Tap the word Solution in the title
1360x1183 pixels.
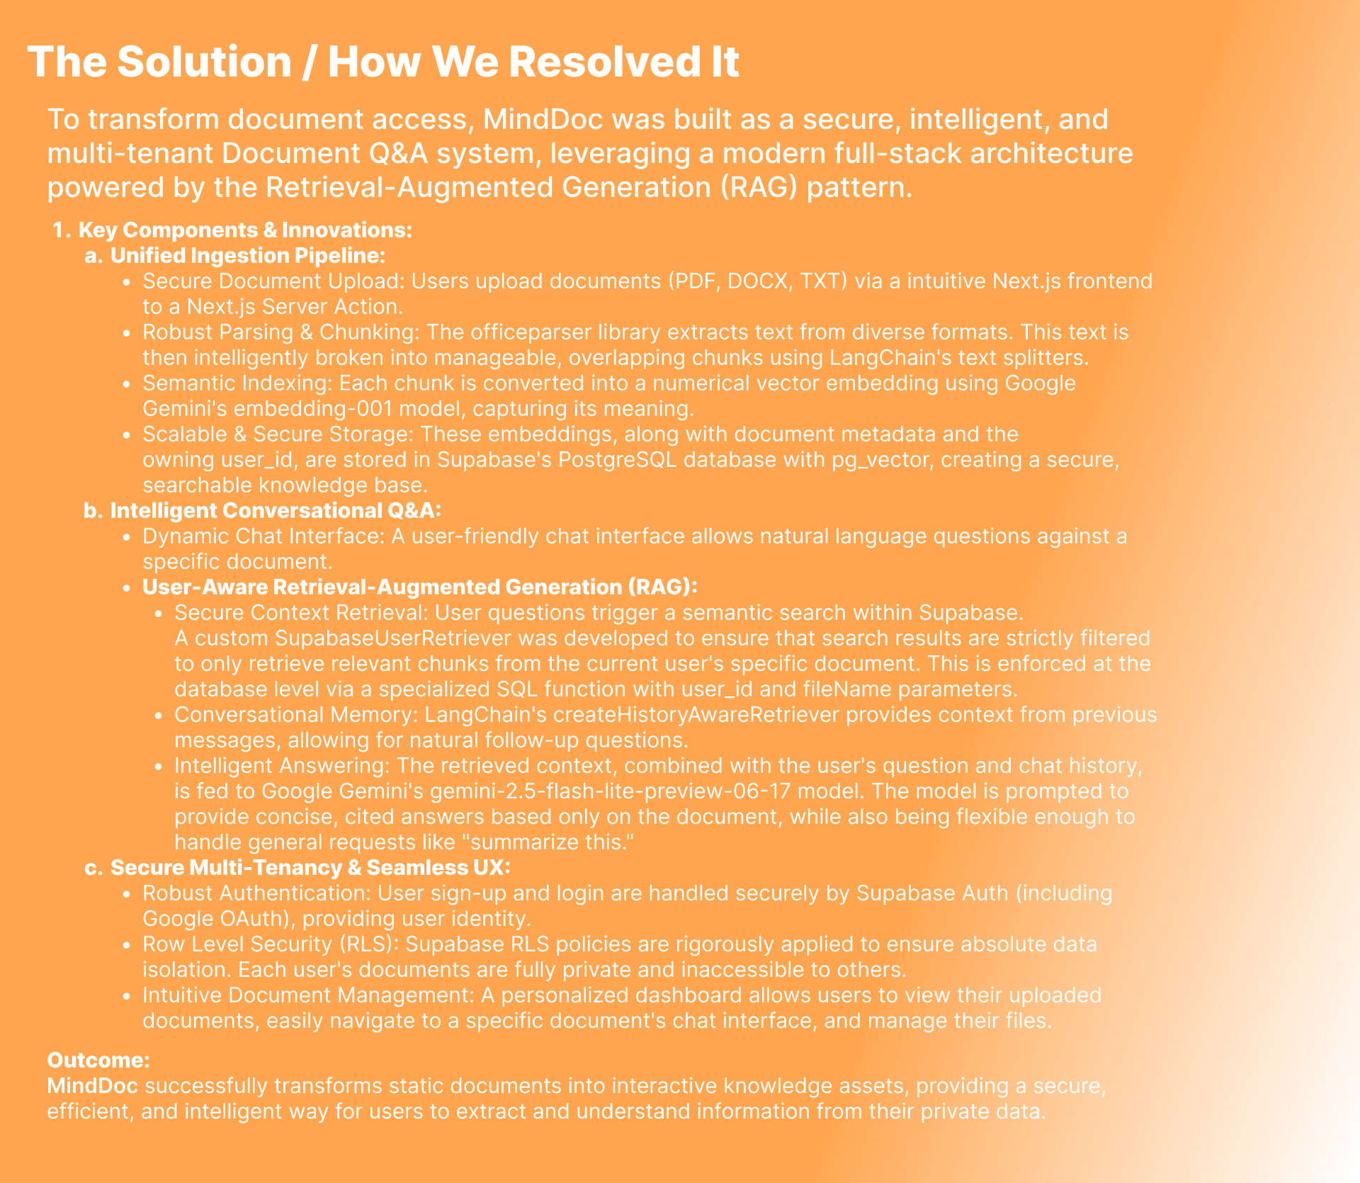coord(204,62)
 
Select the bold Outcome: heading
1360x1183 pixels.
coord(98,1060)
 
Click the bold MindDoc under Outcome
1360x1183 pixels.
coord(92,1085)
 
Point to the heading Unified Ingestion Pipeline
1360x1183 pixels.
coord(247,255)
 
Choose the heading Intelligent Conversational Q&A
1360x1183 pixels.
coord(275,510)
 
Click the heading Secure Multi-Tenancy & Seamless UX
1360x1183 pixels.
coord(310,867)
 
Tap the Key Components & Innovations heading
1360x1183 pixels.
coord(244,230)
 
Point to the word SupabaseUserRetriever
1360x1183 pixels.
coord(392,638)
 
